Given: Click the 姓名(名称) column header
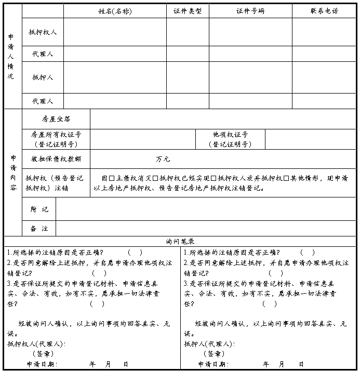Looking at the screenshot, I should click(115, 11).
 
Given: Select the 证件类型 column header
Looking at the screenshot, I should click(188, 11).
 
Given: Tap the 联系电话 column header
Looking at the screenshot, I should click(324, 11).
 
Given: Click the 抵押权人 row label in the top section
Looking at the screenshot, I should click(43, 32).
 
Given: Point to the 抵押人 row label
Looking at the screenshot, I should click(43, 77).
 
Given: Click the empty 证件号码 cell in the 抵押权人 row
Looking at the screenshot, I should click(250, 32).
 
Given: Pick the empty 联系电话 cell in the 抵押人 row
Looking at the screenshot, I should click(324, 77).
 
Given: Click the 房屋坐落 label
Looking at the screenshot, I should click(56, 119).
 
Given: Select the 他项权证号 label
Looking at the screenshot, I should click(230, 135).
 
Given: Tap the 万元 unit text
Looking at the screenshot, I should click(163, 159).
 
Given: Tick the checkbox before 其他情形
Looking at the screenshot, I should click(286, 178).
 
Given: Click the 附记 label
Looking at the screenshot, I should click(39, 209).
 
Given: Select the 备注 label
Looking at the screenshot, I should click(39, 228).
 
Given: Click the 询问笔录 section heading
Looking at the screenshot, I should click(180, 242).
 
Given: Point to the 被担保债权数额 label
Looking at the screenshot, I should click(56, 159).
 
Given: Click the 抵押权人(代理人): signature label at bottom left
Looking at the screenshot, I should click(35, 344).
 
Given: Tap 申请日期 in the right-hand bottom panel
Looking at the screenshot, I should click(212, 364).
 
